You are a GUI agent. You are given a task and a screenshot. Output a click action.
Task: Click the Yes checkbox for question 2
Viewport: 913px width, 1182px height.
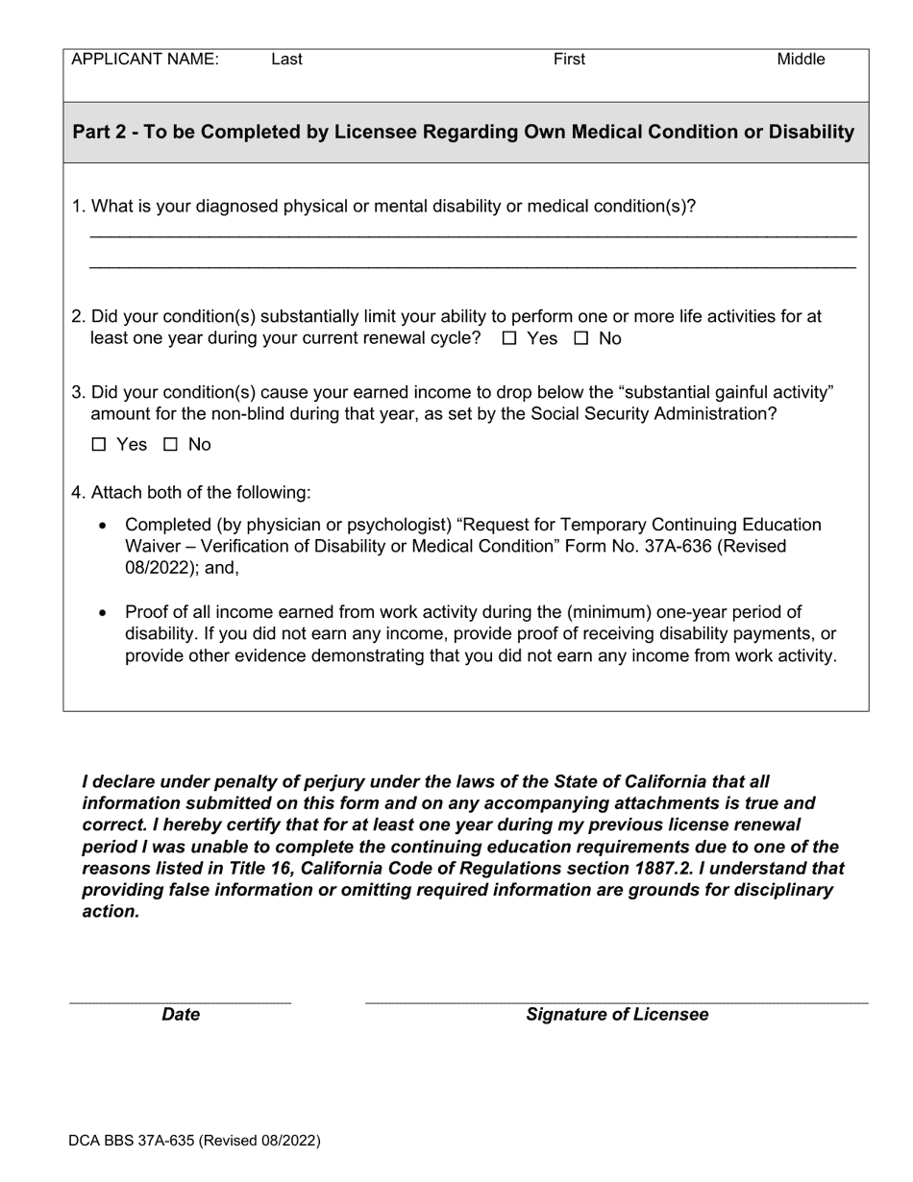coord(509,339)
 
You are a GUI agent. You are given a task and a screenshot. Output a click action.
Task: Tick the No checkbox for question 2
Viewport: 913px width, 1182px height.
coord(580,339)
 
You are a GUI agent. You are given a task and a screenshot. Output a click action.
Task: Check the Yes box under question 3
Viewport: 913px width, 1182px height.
coord(98,445)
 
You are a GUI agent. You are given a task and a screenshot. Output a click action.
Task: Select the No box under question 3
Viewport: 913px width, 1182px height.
coord(170,445)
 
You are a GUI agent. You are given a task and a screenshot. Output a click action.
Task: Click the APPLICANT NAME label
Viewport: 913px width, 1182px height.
coord(145,60)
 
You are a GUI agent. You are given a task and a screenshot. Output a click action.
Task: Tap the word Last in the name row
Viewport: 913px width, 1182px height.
coord(286,60)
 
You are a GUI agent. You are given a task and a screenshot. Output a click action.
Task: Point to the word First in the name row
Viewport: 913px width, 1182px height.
coord(569,60)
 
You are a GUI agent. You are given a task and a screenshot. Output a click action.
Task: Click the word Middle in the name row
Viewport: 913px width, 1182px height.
coord(801,60)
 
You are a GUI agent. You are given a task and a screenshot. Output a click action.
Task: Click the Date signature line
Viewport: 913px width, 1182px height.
coord(181,1001)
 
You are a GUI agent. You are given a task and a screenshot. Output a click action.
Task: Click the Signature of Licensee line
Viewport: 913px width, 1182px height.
coord(616,1001)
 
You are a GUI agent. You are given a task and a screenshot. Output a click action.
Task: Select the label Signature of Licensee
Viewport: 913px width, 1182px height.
coord(616,1015)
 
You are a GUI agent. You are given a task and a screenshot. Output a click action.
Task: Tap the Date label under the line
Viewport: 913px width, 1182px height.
coord(181,1015)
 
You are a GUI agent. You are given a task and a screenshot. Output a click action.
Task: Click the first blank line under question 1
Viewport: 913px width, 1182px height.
coord(472,234)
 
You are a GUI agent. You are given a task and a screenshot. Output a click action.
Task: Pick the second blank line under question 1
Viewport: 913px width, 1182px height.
coord(472,266)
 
